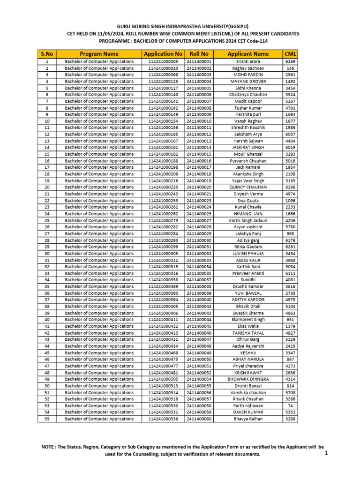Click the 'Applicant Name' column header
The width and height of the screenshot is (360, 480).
click(x=248, y=54)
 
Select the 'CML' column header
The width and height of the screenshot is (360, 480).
click(x=290, y=54)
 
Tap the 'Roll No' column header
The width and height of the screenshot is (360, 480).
click(x=199, y=54)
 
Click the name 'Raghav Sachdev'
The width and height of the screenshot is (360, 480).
click(x=248, y=68)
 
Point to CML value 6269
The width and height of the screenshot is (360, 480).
click(x=290, y=61)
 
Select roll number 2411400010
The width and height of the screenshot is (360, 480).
click(x=199, y=121)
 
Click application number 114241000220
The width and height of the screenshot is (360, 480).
click(x=163, y=187)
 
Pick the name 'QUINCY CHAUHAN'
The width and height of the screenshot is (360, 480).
click(x=248, y=187)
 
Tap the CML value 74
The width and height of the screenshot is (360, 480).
click(x=290, y=405)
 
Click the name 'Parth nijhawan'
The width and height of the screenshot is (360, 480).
click(x=248, y=405)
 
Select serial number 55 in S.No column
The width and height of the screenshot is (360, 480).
click(x=47, y=419)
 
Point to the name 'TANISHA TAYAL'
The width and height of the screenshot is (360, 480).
click(x=248, y=333)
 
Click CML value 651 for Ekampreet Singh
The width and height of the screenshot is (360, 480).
click(x=290, y=320)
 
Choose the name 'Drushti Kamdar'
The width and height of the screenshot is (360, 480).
click(x=248, y=286)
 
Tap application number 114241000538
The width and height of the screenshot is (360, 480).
click(x=163, y=419)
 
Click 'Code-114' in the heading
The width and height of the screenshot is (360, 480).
click(x=282, y=41)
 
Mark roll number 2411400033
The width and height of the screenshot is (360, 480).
click(x=199, y=260)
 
